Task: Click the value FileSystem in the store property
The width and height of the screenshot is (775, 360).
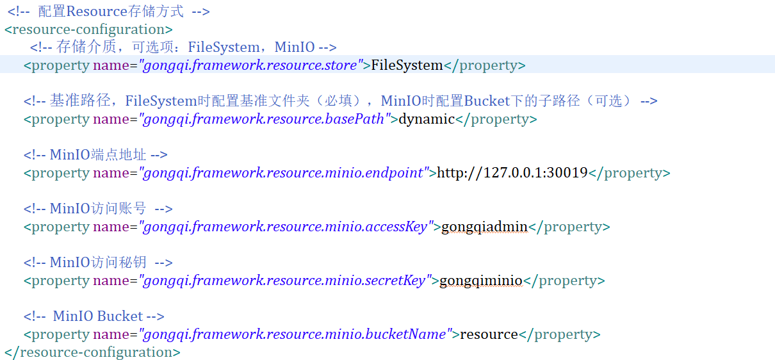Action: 407,65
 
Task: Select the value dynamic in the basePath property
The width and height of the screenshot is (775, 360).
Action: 427,119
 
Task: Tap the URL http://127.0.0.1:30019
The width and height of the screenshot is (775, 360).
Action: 512,172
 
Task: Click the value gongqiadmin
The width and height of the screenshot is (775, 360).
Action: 484,227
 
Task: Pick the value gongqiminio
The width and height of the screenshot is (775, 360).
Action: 481,281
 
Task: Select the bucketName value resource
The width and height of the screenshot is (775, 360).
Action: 489,334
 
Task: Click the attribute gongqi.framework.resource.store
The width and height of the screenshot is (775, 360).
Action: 250,65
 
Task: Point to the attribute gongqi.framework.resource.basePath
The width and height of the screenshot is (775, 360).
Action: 264,119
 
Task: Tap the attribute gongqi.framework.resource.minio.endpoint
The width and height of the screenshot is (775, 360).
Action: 283,173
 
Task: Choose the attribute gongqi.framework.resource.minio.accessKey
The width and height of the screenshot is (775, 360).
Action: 286,227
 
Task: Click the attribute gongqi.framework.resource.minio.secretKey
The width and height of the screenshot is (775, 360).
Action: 284,281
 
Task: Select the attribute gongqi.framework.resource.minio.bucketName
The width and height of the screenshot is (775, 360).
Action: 295,334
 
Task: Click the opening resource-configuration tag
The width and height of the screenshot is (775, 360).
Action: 88,29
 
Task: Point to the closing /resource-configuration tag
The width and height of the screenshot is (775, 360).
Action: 92,352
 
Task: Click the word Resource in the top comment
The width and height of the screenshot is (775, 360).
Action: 97,12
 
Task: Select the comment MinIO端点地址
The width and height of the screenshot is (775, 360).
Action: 98,155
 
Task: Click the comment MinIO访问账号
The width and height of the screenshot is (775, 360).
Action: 98,208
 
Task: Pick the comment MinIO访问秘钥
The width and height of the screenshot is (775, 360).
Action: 98,263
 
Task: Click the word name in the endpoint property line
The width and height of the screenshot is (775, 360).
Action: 111,173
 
